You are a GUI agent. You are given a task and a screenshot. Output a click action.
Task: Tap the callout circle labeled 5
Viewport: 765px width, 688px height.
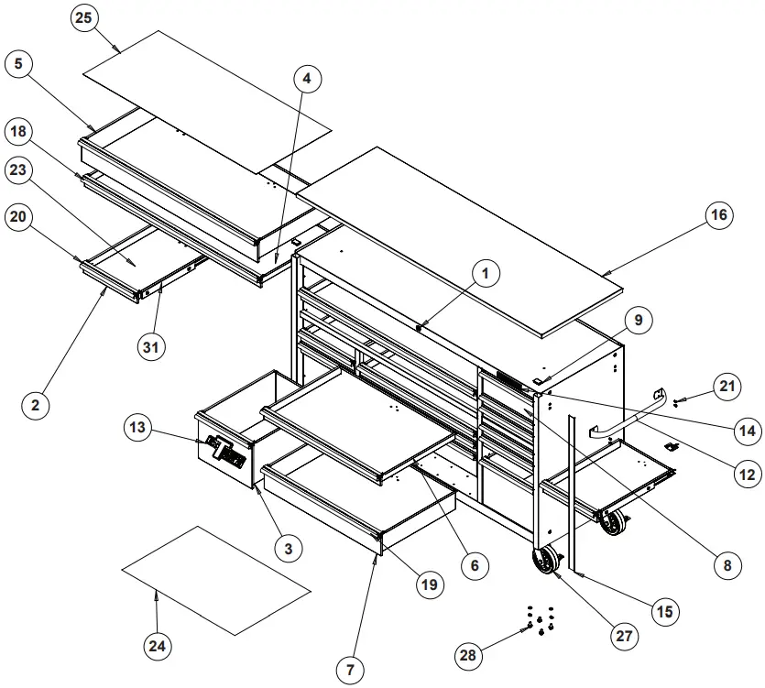click(x=19, y=64)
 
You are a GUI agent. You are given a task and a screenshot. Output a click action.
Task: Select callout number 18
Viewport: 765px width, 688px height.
click(x=19, y=132)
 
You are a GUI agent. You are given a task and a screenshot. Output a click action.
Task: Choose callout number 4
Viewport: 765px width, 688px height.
click(x=307, y=79)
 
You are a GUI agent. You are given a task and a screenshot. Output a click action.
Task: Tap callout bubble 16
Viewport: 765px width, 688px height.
click(x=719, y=214)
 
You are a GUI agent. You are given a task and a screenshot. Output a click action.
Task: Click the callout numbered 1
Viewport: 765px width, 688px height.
click(x=486, y=272)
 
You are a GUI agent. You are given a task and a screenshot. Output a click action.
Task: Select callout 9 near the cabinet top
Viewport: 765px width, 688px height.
click(x=639, y=320)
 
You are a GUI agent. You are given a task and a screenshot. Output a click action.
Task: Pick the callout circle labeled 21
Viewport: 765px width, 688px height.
click(x=727, y=387)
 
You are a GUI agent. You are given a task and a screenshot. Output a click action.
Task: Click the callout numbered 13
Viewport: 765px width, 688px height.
click(x=137, y=427)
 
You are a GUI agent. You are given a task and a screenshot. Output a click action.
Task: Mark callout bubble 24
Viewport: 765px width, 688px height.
click(x=158, y=647)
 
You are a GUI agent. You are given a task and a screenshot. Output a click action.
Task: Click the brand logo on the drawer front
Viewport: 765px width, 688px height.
click(x=224, y=451)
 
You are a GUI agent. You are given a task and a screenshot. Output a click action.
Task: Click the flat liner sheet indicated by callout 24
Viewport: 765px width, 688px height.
click(x=215, y=580)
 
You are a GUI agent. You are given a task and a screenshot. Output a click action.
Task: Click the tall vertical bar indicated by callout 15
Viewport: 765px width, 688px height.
click(x=571, y=495)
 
